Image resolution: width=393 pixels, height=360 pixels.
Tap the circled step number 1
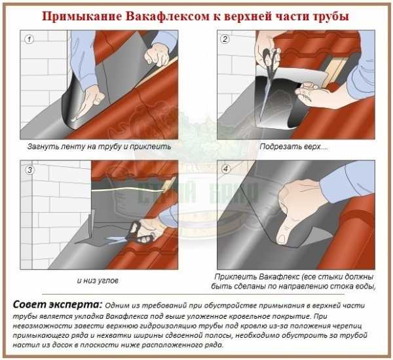[29, 39]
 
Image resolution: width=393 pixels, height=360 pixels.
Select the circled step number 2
[225, 39]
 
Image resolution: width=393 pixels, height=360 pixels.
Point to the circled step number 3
[29, 170]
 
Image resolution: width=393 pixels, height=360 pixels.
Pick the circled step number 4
[225, 170]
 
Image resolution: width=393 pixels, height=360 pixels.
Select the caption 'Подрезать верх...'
[293, 147]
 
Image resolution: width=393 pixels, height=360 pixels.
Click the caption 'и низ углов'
[98, 281]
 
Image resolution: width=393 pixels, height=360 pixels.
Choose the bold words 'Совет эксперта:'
[58, 304]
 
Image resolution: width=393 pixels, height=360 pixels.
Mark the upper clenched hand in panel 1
[158, 54]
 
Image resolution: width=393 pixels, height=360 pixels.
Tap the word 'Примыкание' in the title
[82, 16]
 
